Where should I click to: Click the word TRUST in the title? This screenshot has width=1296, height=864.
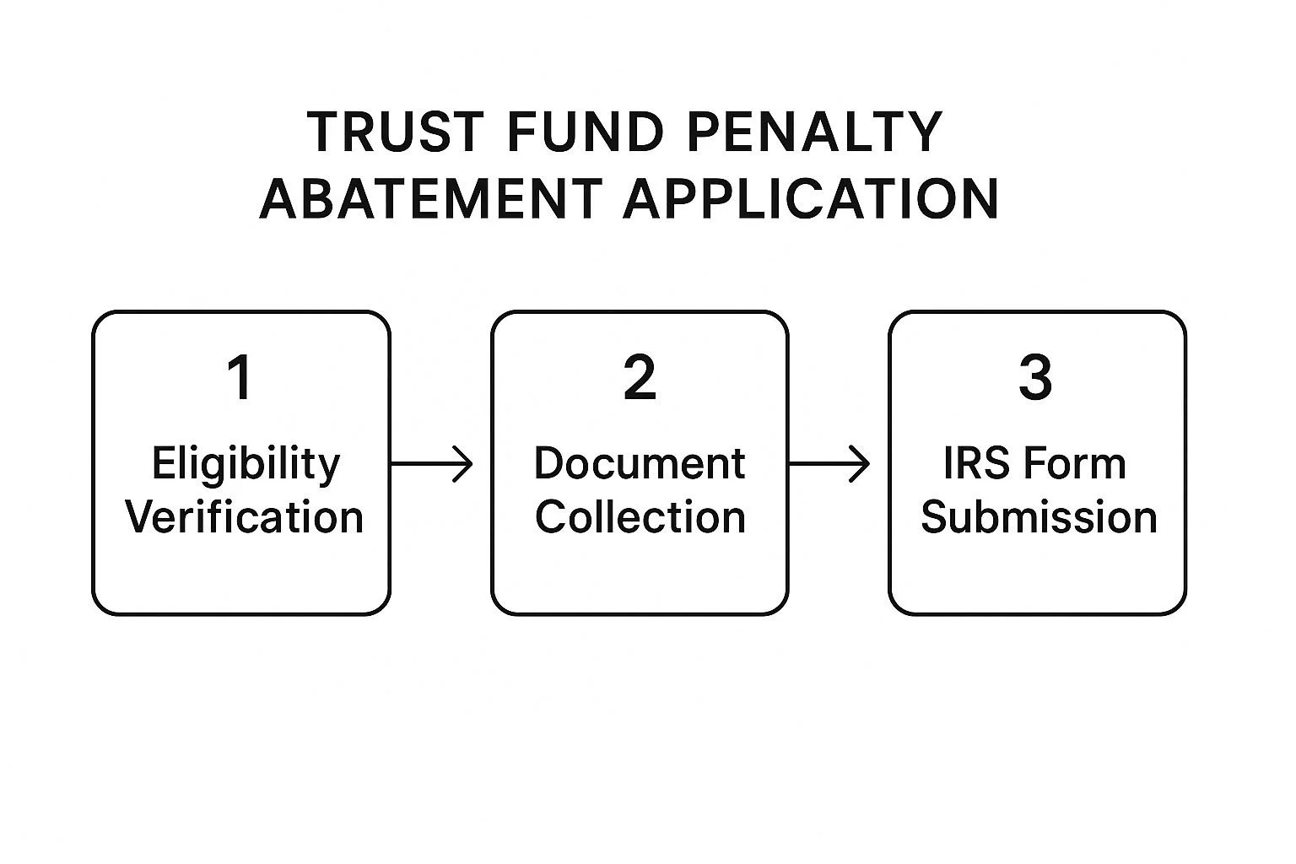[x=395, y=132]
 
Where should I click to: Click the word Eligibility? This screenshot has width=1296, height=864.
[x=246, y=465]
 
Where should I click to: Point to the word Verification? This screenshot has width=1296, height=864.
[x=245, y=517]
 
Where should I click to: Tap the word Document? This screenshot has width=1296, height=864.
[x=640, y=464]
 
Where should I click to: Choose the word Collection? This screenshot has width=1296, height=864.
[x=640, y=517]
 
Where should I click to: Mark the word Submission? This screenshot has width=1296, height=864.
[x=1039, y=517]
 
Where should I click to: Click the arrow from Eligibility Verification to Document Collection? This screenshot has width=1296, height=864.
[x=432, y=463]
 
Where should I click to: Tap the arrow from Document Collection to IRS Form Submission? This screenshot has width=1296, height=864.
[x=829, y=463]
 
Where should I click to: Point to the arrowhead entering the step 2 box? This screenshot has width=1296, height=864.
[x=464, y=463]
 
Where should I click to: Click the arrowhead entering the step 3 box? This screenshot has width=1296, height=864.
[x=861, y=463]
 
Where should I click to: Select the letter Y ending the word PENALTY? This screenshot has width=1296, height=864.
[x=926, y=132]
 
